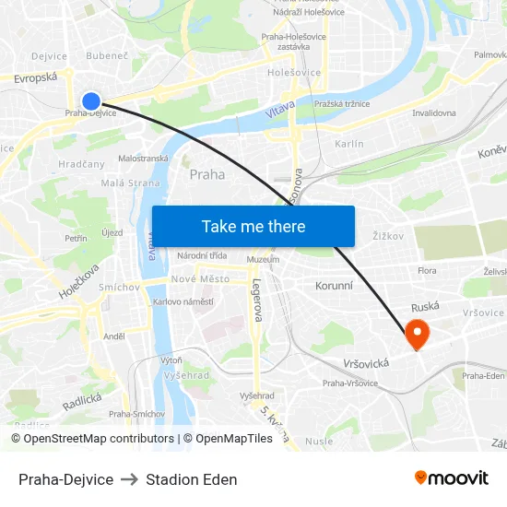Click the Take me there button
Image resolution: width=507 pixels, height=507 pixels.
[253, 226]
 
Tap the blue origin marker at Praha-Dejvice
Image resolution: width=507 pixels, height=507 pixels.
[91, 101]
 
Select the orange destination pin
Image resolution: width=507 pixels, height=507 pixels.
[417, 334]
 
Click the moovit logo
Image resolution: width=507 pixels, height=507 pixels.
[452, 478]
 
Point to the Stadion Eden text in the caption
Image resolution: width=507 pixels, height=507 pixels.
[191, 479]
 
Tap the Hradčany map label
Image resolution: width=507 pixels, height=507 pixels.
[82, 163]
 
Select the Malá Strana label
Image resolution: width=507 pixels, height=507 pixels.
[130, 183]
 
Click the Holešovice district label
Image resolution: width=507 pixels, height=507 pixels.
[294, 73]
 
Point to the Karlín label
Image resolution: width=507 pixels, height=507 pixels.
[349, 144]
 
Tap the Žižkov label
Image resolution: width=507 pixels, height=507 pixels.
[388, 236]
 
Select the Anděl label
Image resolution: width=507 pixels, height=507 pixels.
[114, 336]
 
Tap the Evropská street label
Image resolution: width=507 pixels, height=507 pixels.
[36, 79]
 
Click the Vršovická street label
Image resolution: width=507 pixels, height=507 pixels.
[366, 363]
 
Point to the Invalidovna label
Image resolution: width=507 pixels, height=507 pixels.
[434, 113]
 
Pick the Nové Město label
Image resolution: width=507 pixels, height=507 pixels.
[200, 279]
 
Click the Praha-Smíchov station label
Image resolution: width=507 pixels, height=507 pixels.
[136, 414]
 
